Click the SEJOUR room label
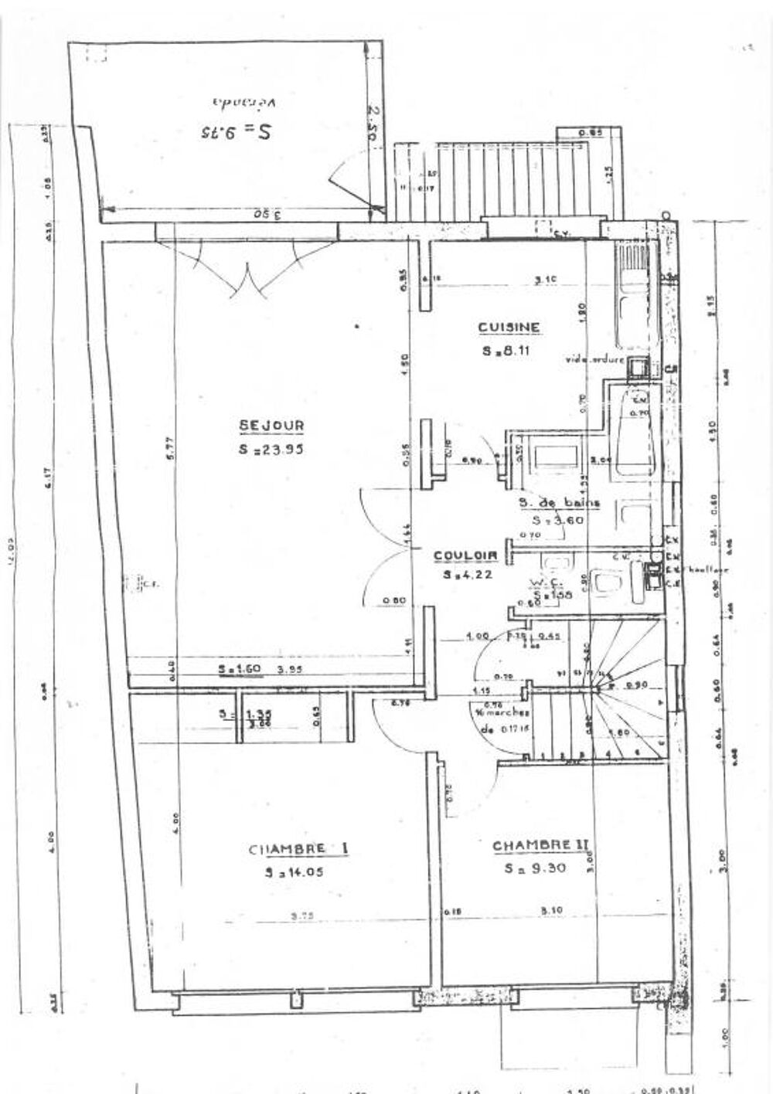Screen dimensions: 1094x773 271,425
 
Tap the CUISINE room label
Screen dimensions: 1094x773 509,328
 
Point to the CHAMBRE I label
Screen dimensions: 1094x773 298,849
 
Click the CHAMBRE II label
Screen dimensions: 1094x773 540,846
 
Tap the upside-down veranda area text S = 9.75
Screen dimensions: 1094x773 236,131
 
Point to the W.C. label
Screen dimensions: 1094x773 550,583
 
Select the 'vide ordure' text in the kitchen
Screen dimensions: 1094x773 594,359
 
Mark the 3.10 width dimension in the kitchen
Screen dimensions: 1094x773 547,278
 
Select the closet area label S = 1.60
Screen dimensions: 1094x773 233,670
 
